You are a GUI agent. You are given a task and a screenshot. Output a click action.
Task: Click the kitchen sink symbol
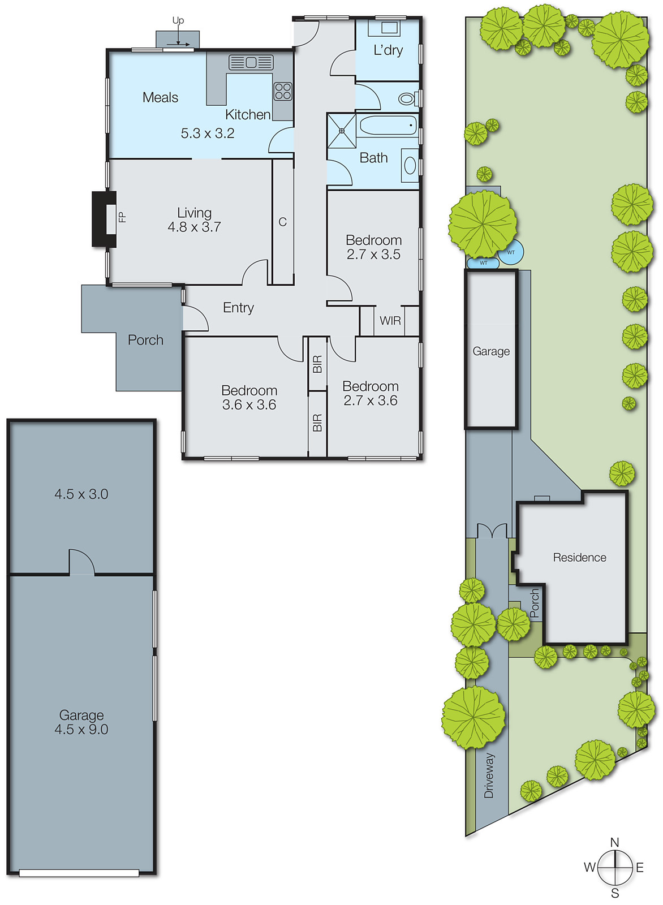point(251,62)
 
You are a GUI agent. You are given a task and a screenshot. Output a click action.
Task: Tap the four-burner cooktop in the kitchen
point(283,91)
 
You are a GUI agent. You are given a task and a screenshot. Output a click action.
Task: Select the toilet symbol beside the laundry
point(406,99)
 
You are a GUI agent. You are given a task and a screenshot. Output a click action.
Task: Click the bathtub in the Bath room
point(388,126)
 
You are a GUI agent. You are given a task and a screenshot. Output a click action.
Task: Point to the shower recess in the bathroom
point(342,131)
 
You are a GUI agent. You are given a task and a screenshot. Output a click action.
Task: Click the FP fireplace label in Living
point(121,217)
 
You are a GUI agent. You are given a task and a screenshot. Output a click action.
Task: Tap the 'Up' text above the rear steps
point(178,20)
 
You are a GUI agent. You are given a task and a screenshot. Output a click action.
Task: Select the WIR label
point(390,321)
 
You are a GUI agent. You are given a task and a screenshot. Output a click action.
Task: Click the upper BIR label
point(317,364)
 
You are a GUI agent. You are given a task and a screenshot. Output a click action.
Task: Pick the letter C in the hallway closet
point(282,222)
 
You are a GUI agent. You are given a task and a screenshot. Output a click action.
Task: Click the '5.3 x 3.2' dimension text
point(207,133)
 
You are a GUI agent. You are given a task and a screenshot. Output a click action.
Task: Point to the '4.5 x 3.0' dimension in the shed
point(81,494)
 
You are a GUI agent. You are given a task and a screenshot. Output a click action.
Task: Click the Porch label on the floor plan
point(145,340)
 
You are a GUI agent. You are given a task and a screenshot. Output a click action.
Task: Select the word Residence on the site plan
point(579,558)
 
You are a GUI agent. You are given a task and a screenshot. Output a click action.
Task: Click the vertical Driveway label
point(489,775)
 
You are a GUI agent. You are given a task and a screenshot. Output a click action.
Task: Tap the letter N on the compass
point(614,842)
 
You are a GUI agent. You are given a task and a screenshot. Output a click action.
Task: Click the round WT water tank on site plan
point(511,252)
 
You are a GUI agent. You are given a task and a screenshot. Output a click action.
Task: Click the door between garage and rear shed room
point(81,563)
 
